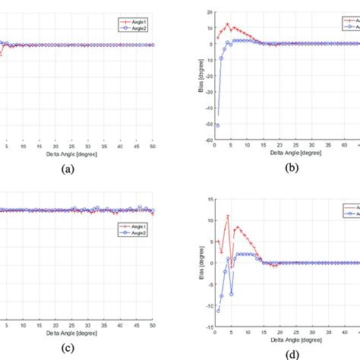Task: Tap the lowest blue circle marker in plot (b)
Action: click(217, 125)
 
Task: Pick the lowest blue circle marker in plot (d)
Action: click(218, 311)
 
